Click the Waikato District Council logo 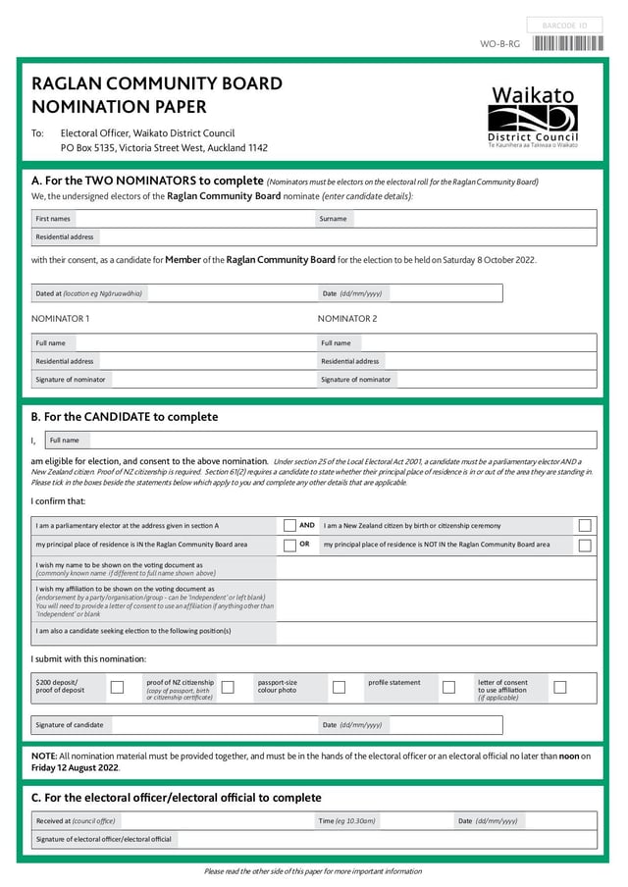click(x=534, y=117)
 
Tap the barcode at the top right click(x=568, y=43)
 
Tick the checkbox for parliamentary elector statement click(x=289, y=526)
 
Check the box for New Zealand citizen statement click(x=585, y=526)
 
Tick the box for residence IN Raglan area click(x=289, y=545)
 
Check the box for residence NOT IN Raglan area click(x=585, y=545)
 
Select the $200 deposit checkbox click(x=117, y=687)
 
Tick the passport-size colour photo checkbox click(x=339, y=687)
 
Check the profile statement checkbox click(x=449, y=687)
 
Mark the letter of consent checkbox click(x=560, y=687)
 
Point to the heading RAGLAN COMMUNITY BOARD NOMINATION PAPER click(x=157, y=95)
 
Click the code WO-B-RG click(x=499, y=44)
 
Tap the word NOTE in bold click(x=44, y=757)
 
